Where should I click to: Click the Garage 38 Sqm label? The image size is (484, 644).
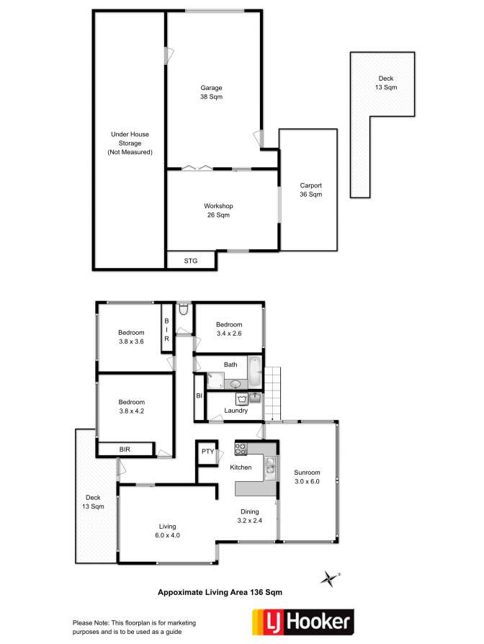point(212,92)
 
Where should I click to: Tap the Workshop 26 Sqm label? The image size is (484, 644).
point(218,210)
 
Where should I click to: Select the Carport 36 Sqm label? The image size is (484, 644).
point(310,189)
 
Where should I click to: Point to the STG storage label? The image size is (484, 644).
point(190,261)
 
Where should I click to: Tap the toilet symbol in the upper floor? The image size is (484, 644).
point(184,309)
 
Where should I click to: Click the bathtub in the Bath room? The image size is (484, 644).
point(255,371)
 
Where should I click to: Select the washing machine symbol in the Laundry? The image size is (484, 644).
point(241,398)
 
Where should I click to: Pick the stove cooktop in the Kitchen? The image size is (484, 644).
point(241,449)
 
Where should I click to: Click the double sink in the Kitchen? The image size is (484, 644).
point(270,468)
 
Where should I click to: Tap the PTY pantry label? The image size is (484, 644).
point(207,452)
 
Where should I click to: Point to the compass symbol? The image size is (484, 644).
point(330,578)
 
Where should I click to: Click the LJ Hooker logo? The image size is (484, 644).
point(303,622)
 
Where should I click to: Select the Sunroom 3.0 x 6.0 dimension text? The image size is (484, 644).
point(307,477)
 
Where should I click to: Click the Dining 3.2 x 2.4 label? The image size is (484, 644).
point(250,516)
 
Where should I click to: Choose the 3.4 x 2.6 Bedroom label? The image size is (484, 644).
point(229,329)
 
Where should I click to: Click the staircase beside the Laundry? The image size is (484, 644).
point(272,393)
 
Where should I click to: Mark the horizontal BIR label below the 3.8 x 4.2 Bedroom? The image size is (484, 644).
point(125,450)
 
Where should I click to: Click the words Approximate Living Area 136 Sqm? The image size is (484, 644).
point(220,592)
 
